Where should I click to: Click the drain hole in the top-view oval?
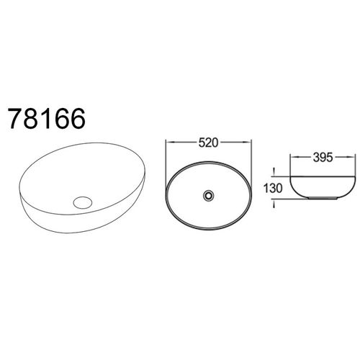pyautogui.click(x=208, y=194)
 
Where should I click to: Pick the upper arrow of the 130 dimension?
pyautogui.click(x=275, y=172)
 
